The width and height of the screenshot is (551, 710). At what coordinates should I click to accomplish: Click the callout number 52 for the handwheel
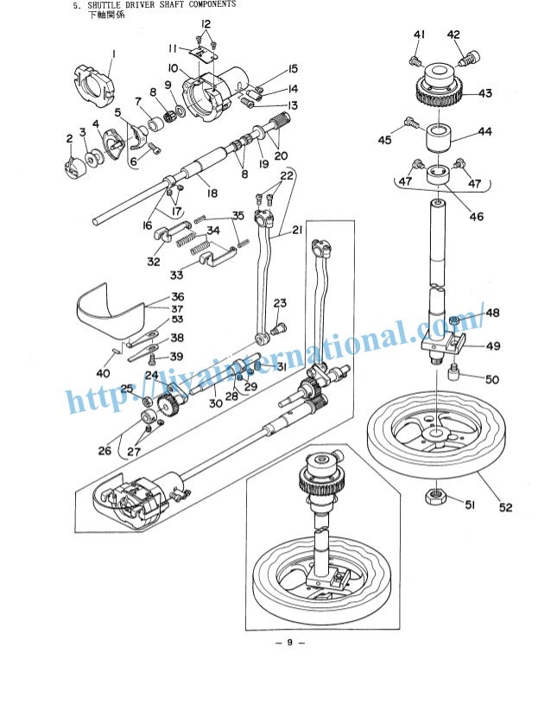tap(504, 507)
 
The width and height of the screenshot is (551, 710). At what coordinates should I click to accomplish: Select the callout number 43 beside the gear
tap(484, 94)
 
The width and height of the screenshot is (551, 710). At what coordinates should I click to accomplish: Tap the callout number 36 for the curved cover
tap(177, 296)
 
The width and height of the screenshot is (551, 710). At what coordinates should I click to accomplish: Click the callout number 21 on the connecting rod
tap(297, 230)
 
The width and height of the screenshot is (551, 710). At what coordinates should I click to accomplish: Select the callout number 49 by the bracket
tap(492, 347)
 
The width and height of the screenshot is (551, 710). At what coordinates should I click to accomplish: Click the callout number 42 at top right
tap(453, 35)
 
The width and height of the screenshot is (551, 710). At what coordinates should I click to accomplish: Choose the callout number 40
tap(104, 373)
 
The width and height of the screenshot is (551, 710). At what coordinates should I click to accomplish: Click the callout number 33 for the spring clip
tap(176, 276)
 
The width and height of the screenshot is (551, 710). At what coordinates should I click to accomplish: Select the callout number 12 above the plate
tap(206, 23)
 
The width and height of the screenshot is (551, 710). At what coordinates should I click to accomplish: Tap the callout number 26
tap(104, 450)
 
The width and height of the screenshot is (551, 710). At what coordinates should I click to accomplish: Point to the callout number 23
tap(280, 302)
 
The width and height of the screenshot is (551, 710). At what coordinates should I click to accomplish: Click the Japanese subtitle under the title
tap(105, 16)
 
